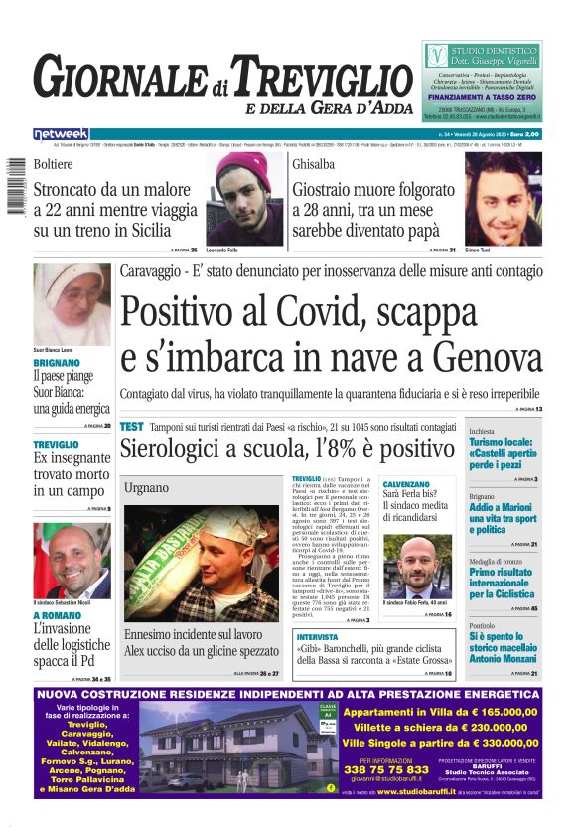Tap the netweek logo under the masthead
point(61,133)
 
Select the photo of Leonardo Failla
point(243,198)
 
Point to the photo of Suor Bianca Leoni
point(72,303)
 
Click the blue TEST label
point(131,426)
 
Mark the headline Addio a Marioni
point(503,507)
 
